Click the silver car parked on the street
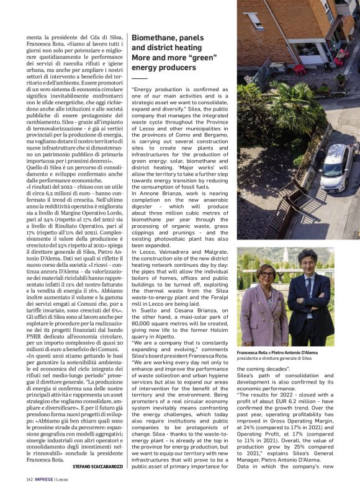tap(336, 167)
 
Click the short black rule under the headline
tap(139, 79)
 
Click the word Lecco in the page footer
tap(65, 480)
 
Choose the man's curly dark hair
tap(312, 259)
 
